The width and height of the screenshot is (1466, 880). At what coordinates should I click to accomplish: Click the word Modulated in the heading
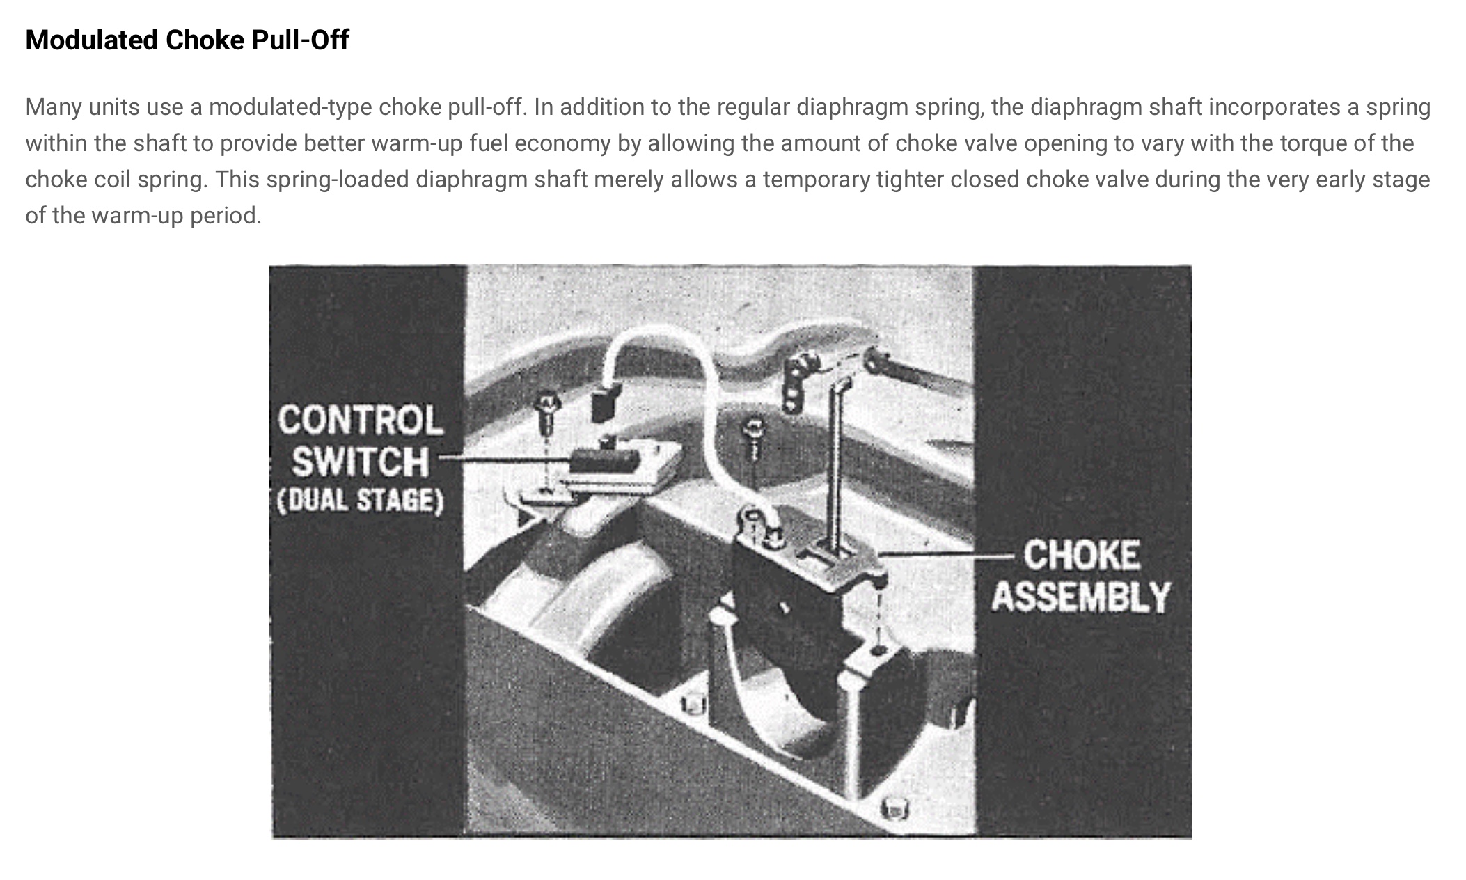tap(92, 40)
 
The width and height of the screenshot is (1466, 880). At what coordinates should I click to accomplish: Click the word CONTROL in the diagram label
tap(361, 421)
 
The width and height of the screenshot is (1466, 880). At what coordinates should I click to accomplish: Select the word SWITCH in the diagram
tap(361, 462)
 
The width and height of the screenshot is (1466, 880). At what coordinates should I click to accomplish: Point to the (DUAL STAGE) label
tap(360, 501)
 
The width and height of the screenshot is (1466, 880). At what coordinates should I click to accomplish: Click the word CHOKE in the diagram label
tap(1082, 556)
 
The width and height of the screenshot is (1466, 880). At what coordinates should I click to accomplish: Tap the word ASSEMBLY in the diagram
tap(1081, 597)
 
